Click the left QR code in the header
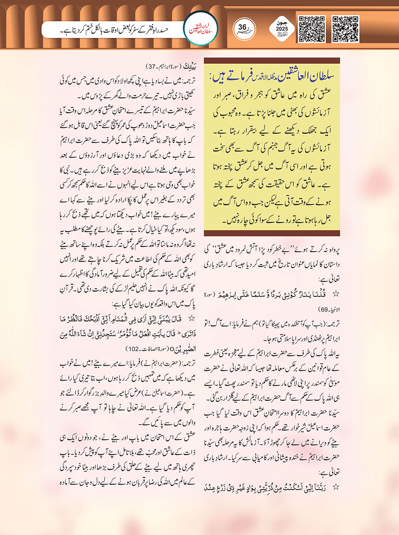[x=311, y=29]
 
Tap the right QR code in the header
[x=345, y=29]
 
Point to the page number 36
[x=243, y=27]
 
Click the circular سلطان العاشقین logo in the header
[x=201, y=29]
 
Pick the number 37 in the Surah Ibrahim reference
[x=152, y=66]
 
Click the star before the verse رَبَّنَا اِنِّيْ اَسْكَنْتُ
[x=336, y=487]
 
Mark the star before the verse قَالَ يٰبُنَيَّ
[x=191, y=319]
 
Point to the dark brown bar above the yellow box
[x=272, y=61]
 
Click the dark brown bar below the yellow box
[x=272, y=233]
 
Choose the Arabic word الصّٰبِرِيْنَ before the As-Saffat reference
[x=184, y=349]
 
